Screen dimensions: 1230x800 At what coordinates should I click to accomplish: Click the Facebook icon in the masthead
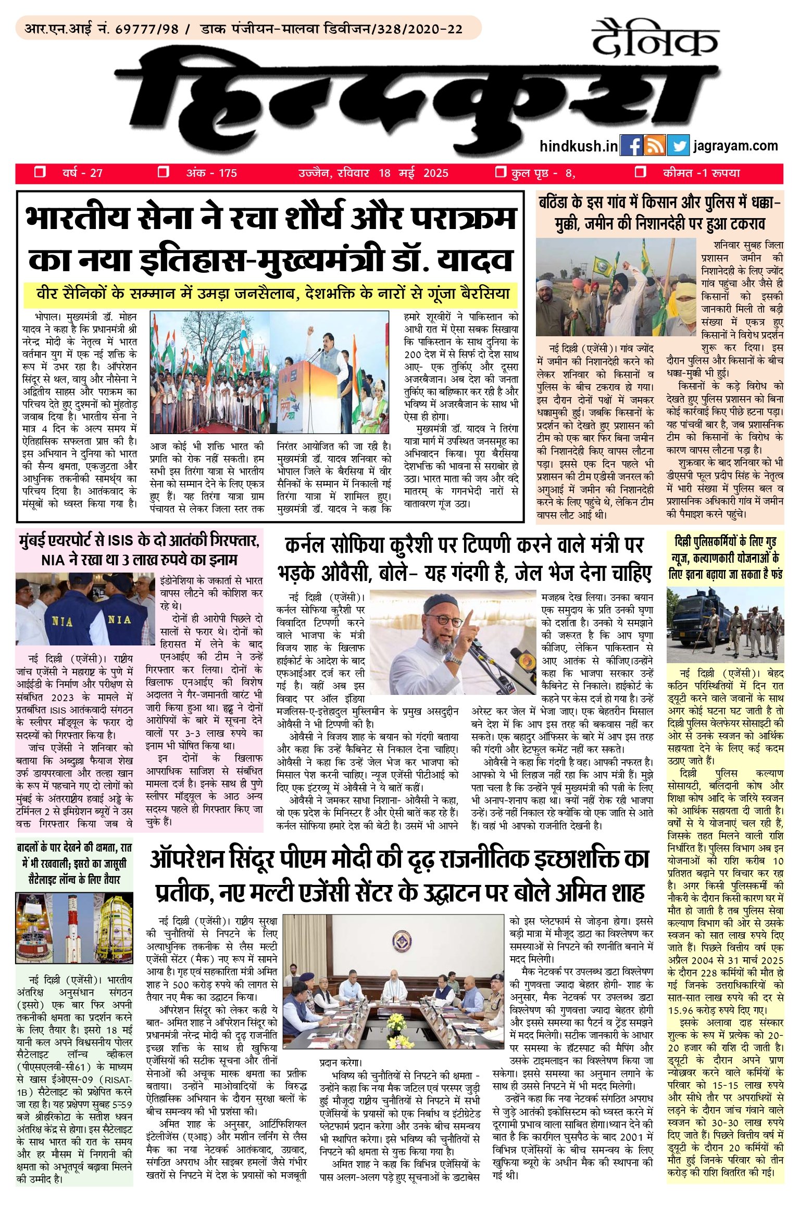click(632, 146)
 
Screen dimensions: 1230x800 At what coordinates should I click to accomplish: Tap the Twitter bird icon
click(678, 146)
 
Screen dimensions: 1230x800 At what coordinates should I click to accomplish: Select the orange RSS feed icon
click(655, 146)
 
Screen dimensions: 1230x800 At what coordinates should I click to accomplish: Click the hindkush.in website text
click(579, 146)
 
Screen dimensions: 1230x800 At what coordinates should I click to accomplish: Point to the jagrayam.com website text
click(735, 146)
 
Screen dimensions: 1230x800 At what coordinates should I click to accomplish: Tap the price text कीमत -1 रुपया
click(701, 173)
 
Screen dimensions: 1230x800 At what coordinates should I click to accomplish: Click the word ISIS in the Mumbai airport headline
click(122, 541)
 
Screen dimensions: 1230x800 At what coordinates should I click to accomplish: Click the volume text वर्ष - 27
click(82, 173)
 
